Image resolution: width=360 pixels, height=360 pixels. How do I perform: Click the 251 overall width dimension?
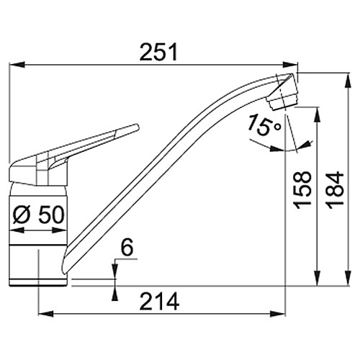(x=158, y=52)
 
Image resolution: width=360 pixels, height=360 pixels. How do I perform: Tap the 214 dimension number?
(x=159, y=301)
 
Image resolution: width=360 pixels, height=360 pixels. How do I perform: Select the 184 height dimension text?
(x=336, y=190)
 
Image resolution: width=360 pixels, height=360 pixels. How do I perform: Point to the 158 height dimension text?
(x=302, y=190)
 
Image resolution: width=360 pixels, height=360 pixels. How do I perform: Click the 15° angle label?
(x=264, y=125)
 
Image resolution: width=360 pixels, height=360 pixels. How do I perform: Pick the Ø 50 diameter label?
(x=39, y=215)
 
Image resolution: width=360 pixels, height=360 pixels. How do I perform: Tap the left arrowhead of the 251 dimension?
(x=17, y=65)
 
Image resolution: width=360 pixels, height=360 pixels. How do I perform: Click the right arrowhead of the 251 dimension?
(x=290, y=65)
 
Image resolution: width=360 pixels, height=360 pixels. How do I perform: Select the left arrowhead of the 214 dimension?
(x=46, y=313)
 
